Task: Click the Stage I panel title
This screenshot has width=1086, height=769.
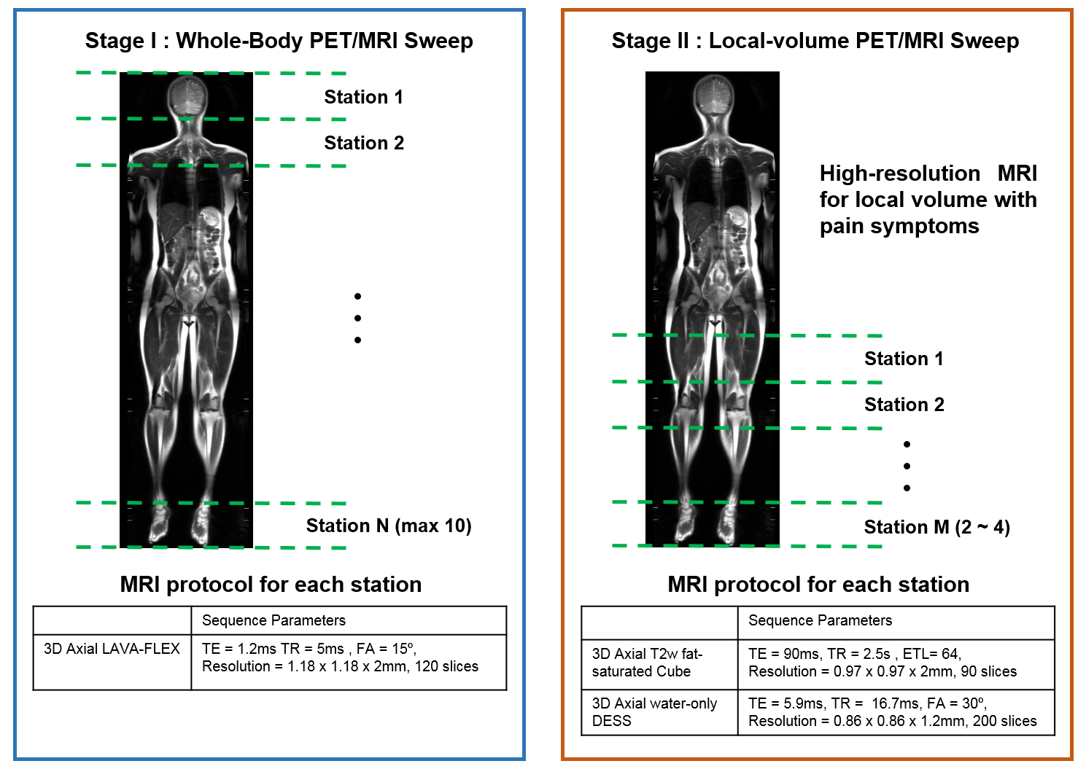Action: tap(279, 41)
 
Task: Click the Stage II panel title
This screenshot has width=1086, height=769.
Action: tap(815, 41)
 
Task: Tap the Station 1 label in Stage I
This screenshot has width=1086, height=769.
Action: tap(363, 97)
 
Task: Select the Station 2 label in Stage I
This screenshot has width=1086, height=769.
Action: tap(363, 143)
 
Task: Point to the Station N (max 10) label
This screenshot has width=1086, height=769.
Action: tap(388, 526)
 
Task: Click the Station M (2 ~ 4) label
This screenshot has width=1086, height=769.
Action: tap(936, 527)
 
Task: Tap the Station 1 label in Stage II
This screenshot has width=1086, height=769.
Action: tap(903, 359)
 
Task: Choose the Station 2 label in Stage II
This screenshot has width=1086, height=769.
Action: tap(904, 405)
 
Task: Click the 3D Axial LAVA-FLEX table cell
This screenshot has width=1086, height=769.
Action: tap(112, 649)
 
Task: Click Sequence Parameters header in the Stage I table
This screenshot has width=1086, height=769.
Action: tap(274, 620)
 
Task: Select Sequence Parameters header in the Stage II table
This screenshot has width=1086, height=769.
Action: tap(820, 620)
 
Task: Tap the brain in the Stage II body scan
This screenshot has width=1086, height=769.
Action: tap(713, 95)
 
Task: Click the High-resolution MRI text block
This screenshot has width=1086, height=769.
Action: tap(928, 200)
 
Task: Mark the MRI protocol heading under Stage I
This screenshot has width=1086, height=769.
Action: tap(271, 585)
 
